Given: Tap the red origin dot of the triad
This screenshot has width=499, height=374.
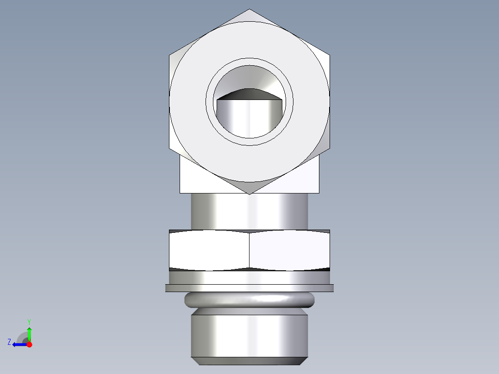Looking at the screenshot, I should [x=29, y=344].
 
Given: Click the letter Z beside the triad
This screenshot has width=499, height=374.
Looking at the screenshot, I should [x=9, y=342].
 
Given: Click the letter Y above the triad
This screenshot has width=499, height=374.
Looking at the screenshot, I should [x=29, y=321].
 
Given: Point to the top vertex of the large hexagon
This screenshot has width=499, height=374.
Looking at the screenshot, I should [x=249, y=9].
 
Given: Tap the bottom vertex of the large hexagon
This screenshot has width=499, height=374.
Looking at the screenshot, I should [x=249, y=193].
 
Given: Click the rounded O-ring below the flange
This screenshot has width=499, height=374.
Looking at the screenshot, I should [x=249, y=300].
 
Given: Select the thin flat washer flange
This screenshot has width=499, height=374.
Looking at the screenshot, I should [x=249, y=288].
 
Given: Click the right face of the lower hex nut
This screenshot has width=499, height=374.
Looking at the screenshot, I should [x=289, y=250].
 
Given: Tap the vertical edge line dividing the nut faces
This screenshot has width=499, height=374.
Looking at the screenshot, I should [x=249, y=250].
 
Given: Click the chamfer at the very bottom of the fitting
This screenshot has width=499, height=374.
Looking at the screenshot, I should [x=249, y=361].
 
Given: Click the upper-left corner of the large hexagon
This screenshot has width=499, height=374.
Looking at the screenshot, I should [x=169, y=55].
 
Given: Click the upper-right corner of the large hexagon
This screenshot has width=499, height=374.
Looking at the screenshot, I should [x=330, y=55].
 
